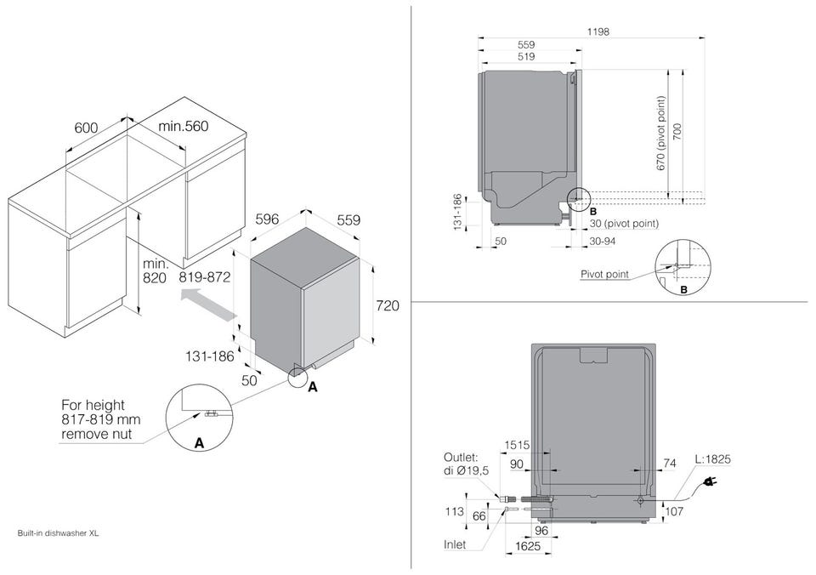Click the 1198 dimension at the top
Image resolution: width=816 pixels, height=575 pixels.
(x=598, y=31)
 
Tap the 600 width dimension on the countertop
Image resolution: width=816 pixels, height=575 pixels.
(x=86, y=128)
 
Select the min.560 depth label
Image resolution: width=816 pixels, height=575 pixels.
(x=184, y=126)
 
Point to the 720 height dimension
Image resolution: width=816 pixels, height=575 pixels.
(x=388, y=305)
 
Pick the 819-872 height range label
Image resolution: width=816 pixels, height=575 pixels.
(x=205, y=277)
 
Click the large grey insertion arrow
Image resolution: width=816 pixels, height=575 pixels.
(x=208, y=305)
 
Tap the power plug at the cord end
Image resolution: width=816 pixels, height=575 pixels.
(x=708, y=482)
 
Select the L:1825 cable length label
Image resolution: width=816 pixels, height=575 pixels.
(x=713, y=459)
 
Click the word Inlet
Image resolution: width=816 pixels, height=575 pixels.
(x=455, y=544)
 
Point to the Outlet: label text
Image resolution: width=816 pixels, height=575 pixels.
(x=461, y=458)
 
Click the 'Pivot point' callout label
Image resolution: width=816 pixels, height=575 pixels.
(x=604, y=275)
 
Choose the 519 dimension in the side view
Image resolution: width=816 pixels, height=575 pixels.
(x=526, y=56)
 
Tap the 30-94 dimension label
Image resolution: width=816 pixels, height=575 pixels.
(x=602, y=242)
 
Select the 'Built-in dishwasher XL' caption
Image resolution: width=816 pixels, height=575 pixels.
(x=58, y=533)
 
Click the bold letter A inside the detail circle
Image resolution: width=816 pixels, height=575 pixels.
(x=198, y=443)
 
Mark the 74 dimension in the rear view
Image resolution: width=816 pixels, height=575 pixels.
(x=671, y=464)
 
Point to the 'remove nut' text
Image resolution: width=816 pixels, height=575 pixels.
(x=97, y=434)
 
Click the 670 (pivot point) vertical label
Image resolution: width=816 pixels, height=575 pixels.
(x=661, y=134)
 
